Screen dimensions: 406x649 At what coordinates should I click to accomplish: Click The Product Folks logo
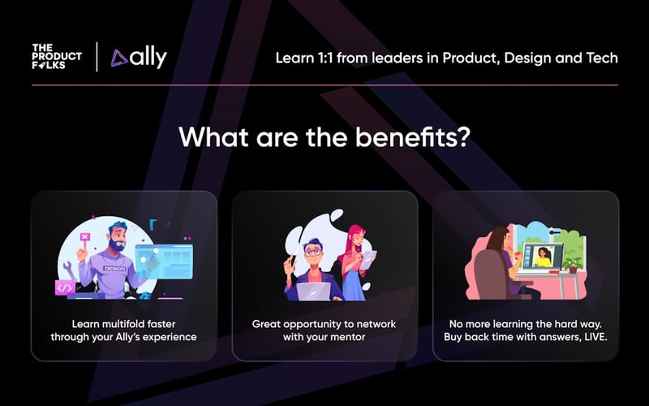tap(58, 57)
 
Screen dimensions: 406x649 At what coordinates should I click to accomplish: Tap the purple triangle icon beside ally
tap(119, 58)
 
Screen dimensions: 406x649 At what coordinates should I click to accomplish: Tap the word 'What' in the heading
tap(210, 136)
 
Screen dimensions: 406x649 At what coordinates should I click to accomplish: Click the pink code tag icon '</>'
tap(65, 287)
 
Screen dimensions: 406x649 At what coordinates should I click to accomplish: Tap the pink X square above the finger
tap(84, 236)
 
